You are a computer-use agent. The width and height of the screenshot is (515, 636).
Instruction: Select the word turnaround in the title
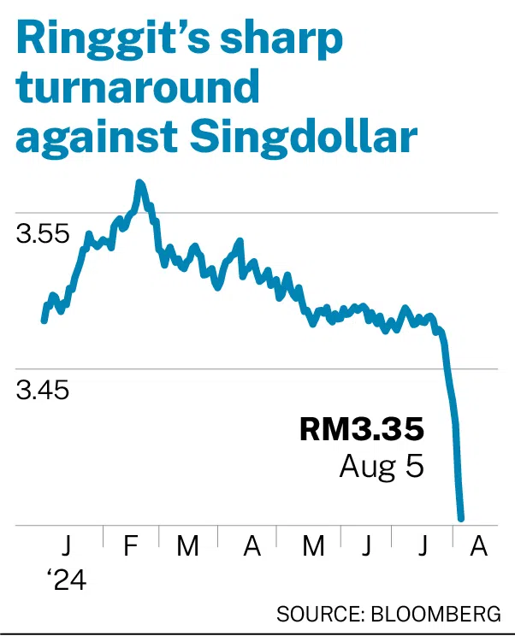[x=137, y=87]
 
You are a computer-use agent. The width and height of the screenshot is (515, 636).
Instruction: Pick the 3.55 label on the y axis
[x=43, y=234]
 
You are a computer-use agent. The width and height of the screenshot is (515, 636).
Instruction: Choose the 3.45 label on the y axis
[x=43, y=390]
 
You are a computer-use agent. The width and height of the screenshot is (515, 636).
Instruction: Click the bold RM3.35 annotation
[x=362, y=429]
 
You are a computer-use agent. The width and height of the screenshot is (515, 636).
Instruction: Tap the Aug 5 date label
[x=382, y=468]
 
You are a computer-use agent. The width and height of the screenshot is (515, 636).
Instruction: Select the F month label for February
[x=131, y=546]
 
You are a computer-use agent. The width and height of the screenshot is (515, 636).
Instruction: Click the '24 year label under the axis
[x=67, y=580]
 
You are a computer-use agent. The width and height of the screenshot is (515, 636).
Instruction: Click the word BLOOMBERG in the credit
[x=435, y=614]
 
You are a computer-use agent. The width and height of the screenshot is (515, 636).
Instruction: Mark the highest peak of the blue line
[x=140, y=182]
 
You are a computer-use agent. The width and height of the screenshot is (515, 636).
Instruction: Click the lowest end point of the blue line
[x=460, y=518]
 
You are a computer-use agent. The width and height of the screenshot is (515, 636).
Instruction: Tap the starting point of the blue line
[x=44, y=321]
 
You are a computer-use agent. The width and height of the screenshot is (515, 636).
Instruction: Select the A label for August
[x=478, y=546]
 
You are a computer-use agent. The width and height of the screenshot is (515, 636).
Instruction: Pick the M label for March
[x=187, y=546]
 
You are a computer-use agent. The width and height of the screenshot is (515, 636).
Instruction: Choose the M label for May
[x=313, y=546]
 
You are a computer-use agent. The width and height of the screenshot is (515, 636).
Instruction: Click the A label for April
[x=252, y=546]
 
